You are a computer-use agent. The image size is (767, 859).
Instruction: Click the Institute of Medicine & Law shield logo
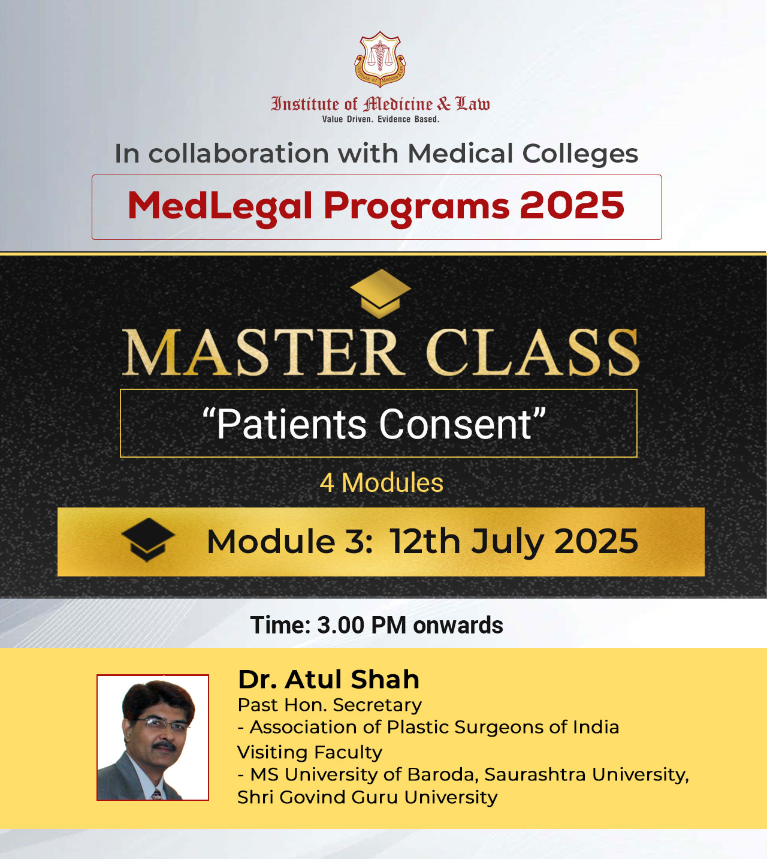click(380, 59)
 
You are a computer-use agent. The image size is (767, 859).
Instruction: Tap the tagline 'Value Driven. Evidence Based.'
click(381, 119)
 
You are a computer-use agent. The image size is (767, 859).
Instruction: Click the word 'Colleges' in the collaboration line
click(580, 154)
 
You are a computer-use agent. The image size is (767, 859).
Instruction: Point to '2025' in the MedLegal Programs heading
click(572, 205)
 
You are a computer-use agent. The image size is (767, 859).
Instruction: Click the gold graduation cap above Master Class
click(381, 293)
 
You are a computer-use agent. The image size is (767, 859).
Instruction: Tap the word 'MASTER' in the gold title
click(264, 352)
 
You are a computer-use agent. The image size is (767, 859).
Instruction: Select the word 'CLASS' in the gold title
click(532, 352)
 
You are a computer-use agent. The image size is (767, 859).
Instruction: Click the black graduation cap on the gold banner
click(148, 539)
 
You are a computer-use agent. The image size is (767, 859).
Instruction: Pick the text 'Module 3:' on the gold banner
click(289, 542)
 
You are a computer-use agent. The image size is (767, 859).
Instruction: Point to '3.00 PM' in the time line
click(361, 625)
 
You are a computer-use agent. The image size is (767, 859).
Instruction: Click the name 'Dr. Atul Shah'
click(328, 679)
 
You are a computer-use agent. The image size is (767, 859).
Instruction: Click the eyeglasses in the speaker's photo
click(162, 725)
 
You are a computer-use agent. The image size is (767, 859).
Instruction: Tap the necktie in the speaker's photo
click(157, 793)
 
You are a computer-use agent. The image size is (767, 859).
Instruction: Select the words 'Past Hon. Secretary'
click(330, 705)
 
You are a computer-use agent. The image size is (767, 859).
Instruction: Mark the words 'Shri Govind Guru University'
click(367, 797)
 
